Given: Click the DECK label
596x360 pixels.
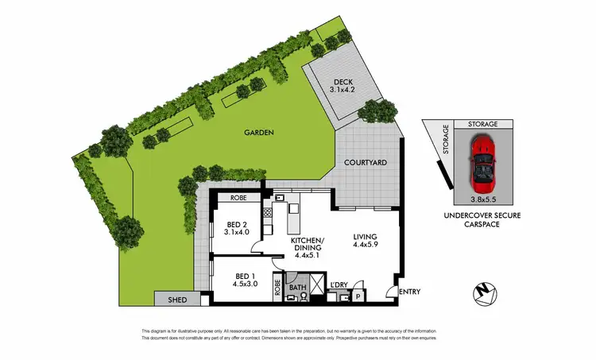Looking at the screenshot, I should [343, 81].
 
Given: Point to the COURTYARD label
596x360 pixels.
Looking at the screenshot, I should [365, 162].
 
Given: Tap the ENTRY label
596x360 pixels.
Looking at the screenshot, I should [411, 292].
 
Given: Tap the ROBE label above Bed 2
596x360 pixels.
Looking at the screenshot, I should [238, 197].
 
